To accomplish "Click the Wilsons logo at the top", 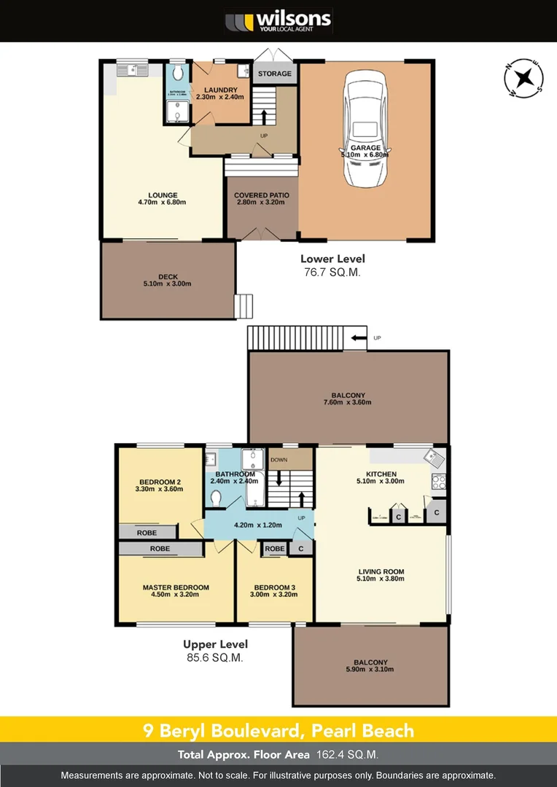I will (x=278, y=20).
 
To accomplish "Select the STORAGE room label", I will (x=274, y=74).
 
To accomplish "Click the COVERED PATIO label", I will (x=261, y=195).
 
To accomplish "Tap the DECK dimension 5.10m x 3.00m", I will (x=168, y=284).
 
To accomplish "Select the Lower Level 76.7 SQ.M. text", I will (x=332, y=265).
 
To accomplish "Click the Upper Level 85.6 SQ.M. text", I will (x=215, y=651).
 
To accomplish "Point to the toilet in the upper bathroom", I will (x=216, y=497).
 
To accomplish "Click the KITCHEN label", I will (x=381, y=474).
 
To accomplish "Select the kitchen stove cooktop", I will (x=439, y=482).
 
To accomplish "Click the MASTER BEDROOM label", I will (x=176, y=587).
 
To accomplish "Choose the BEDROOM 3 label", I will (x=273, y=587).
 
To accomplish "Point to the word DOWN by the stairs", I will (x=279, y=460).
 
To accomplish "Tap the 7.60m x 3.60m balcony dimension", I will (x=348, y=402).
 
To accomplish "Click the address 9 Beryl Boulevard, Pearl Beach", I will (x=278, y=730).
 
